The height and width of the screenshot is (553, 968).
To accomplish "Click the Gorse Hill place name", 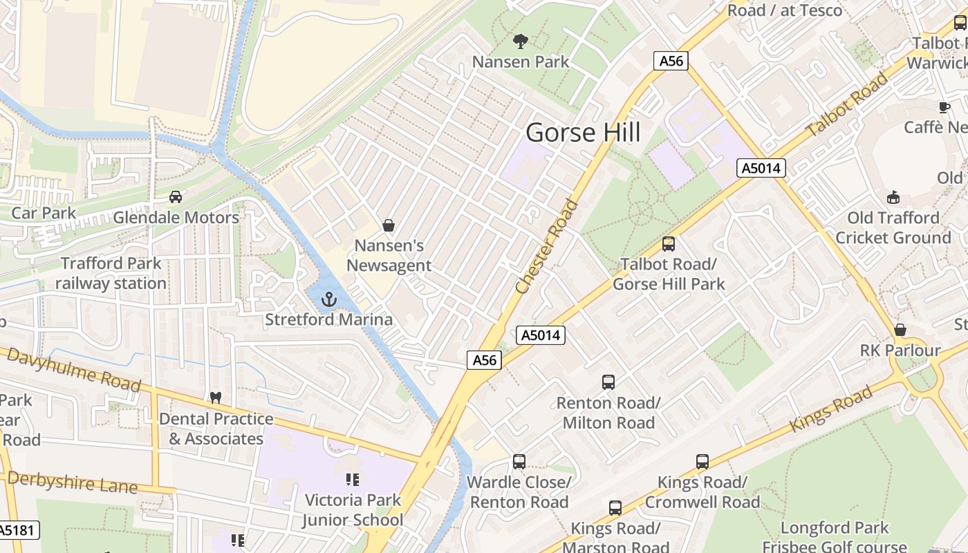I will pyautogui.click(x=583, y=132).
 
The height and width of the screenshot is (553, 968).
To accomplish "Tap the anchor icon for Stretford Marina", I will pyautogui.click(x=329, y=299).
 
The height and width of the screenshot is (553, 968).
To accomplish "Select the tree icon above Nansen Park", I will pyautogui.click(x=520, y=41).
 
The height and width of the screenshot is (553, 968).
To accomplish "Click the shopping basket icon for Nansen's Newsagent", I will pyautogui.click(x=389, y=225).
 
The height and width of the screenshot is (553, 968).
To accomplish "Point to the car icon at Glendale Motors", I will pyautogui.click(x=176, y=197).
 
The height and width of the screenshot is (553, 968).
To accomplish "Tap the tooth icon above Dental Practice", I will pyautogui.click(x=216, y=398).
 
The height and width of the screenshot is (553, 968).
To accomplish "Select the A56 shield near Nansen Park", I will pyautogui.click(x=671, y=61).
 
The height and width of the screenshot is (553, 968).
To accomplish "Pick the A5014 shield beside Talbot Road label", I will pyautogui.click(x=761, y=168).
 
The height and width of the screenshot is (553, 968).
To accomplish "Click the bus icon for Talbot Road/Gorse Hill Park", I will pyautogui.click(x=668, y=244).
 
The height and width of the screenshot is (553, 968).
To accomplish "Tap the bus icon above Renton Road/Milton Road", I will pyautogui.click(x=608, y=382).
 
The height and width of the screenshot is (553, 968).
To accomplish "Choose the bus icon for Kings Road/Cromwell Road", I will pyautogui.click(x=702, y=462).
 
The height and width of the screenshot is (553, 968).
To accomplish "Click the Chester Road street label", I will pyautogui.click(x=547, y=246).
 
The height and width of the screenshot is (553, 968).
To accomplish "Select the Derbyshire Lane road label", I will pyautogui.click(x=72, y=482).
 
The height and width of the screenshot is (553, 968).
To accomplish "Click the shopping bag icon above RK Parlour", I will pyautogui.click(x=900, y=330).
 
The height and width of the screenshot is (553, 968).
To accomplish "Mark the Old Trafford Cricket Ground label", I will pyautogui.click(x=893, y=228).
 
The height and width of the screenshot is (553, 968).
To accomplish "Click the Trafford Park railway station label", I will pyautogui.click(x=111, y=273).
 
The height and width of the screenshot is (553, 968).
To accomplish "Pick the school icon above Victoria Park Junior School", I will pyautogui.click(x=353, y=479).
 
